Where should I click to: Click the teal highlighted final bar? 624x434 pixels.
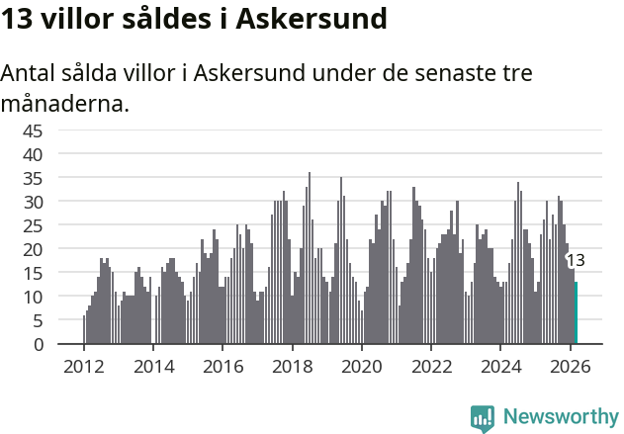pyautogui.click(x=576, y=313)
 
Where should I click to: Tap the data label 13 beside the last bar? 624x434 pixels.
pyautogui.click(x=576, y=261)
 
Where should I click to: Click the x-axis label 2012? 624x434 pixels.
pyautogui.click(x=84, y=365)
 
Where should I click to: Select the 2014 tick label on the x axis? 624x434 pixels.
pyautogui.click(x=153, y=365)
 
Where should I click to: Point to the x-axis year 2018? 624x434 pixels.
pyautogui.click(x=292, y=365)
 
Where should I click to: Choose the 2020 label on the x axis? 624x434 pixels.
pyautogui.click(x=362, y=365)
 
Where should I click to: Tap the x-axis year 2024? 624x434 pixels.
pyautogui.click(x=500, y=365)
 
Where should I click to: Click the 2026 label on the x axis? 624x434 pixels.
pyautogui.click(x=570, y=365)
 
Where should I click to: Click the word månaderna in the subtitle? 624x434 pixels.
pyautogui.click(x=65, y=103)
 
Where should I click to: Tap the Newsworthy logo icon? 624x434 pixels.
pyautogui.click(x=483, y=418)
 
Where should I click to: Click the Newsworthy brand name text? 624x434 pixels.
pyautogui.click(x=561, y=418)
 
